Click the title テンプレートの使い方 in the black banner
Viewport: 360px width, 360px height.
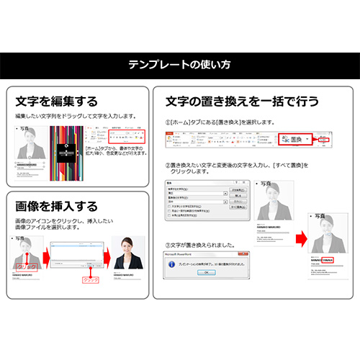pyautogui.click(x=180, y=65)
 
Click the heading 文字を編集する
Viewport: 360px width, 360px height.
pyautogui.click(x=56, y=102)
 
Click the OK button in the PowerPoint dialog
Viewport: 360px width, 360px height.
pyautogui.click(x=205, y=272)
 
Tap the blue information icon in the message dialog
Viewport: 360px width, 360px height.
pyautogui.click(x=171, y=264)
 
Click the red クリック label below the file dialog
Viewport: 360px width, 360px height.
pyautogui.click(x=90, y=279)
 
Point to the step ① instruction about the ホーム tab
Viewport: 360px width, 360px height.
pyautogui.click(x=216, y=123)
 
